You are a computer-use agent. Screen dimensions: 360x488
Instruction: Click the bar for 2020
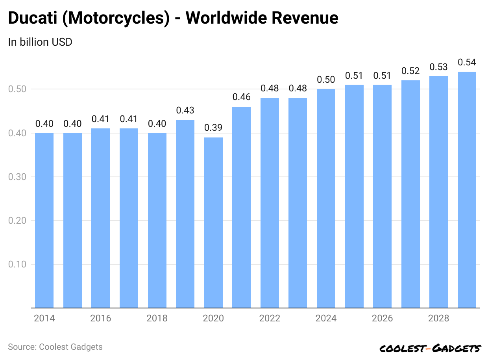coord(213,223)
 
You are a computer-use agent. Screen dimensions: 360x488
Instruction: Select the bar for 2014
coord(44,221)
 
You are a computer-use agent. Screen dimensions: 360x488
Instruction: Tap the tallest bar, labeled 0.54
coord(467,189)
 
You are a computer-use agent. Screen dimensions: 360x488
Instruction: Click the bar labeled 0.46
coord(241,207)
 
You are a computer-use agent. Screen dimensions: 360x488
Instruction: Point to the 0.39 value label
coord(213,128)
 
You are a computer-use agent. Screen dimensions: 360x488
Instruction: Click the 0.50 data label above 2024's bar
coord(326,80)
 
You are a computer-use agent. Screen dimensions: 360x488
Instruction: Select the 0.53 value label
coord(438,67)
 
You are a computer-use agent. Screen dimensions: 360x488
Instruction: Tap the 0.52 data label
coord(410,71)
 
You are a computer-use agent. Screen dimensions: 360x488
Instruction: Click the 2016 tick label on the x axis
coord(101,318)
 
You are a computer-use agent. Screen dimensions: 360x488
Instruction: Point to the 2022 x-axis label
coord(270,318)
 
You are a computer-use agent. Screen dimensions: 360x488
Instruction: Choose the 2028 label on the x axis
coord(438,318)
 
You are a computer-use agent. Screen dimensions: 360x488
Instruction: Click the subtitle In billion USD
coord(40,42)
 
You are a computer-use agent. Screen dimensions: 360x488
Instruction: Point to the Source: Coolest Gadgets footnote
coord(55,347)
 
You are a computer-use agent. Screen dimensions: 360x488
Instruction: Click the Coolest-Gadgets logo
coord(430,348)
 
